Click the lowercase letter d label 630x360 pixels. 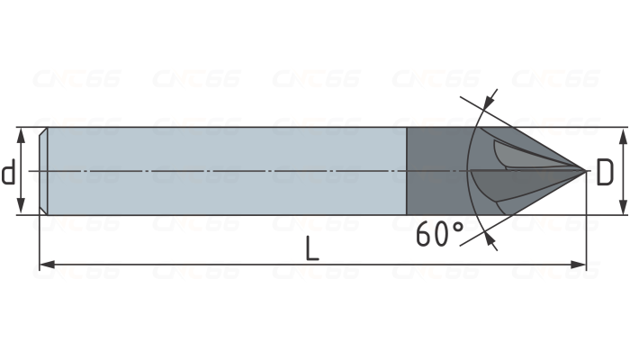[x=9, y=171]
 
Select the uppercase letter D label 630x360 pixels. [x=605, y=173]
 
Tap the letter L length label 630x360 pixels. [x=311, y=247]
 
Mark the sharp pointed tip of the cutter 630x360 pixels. [x=586, y=168]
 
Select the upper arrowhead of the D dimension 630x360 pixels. [x=623, y=133]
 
